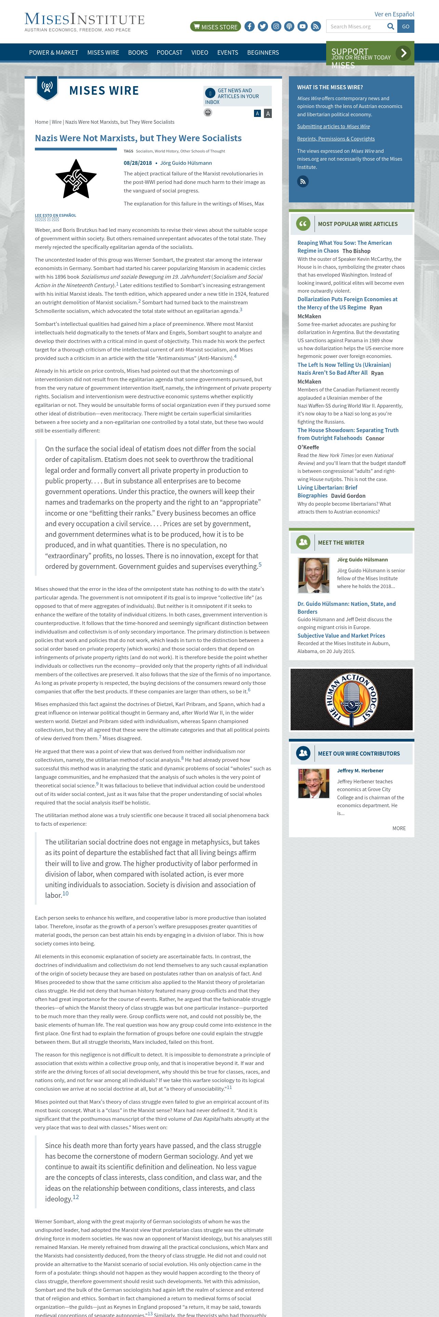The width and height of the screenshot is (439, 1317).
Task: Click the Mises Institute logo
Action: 84,22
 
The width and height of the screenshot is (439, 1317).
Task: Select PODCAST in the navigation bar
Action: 169,53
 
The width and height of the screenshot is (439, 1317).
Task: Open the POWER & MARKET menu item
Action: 54,53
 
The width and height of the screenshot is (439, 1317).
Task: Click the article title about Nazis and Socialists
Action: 138,138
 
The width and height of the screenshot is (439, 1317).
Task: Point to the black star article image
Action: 76,179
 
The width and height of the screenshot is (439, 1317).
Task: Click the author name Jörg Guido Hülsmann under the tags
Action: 186,163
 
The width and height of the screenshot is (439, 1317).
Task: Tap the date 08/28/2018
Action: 137,163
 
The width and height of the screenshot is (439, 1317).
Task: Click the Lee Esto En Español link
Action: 55,215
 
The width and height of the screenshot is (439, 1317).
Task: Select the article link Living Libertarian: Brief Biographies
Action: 327,491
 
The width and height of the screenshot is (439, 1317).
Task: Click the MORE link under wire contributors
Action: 399,828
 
